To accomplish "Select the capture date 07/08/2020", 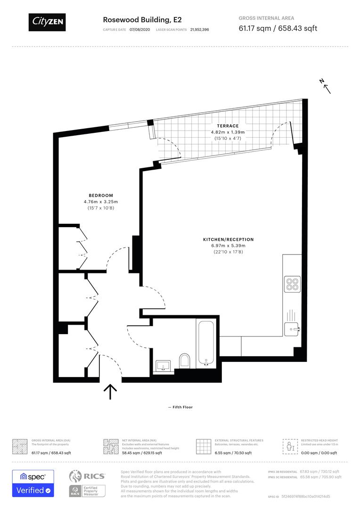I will click(x=142, y=29).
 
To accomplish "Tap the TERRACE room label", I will click(x=228, y=126).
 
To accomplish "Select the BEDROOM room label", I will click(x=101, y=196).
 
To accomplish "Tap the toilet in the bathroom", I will click(x=184, y=360).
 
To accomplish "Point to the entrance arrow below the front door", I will click(x=110, y=391).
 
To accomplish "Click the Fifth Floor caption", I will click(x=180, y=407).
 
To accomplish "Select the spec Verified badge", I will click(x=33, y=483).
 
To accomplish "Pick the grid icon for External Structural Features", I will click(x=203, y=446).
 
